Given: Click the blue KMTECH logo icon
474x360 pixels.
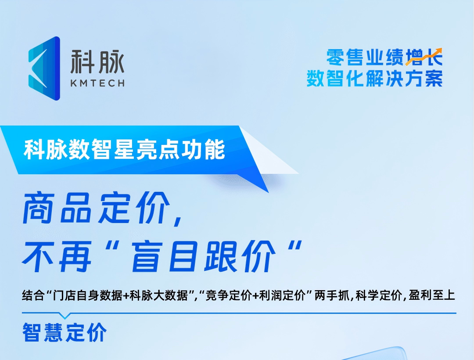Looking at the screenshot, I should pyautogui.click(x=44, y=68).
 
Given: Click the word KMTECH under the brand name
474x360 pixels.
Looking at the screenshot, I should pyautogui.click(x=97, y=83).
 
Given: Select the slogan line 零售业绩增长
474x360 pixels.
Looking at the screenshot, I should pyautogui.click(x=384, y=58).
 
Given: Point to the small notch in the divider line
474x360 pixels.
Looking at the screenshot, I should pyautogui.click(x=65, y=316).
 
